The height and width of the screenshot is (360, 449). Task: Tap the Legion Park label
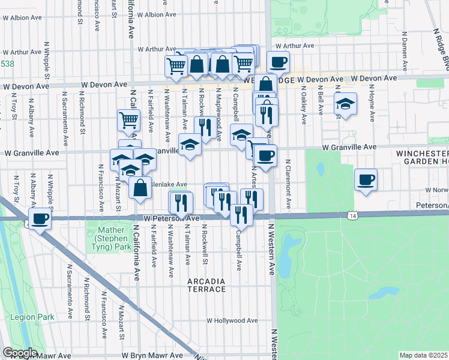[x=40, y=317]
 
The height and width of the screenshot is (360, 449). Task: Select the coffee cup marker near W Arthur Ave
[x=278, y=62]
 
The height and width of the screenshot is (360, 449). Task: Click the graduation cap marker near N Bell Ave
[x=345, y=104]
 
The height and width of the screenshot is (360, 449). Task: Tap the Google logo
[x=20, y=353]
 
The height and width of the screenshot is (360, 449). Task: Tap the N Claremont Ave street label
[x=288, y=183]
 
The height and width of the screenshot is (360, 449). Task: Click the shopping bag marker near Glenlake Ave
[x=140, y=188]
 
